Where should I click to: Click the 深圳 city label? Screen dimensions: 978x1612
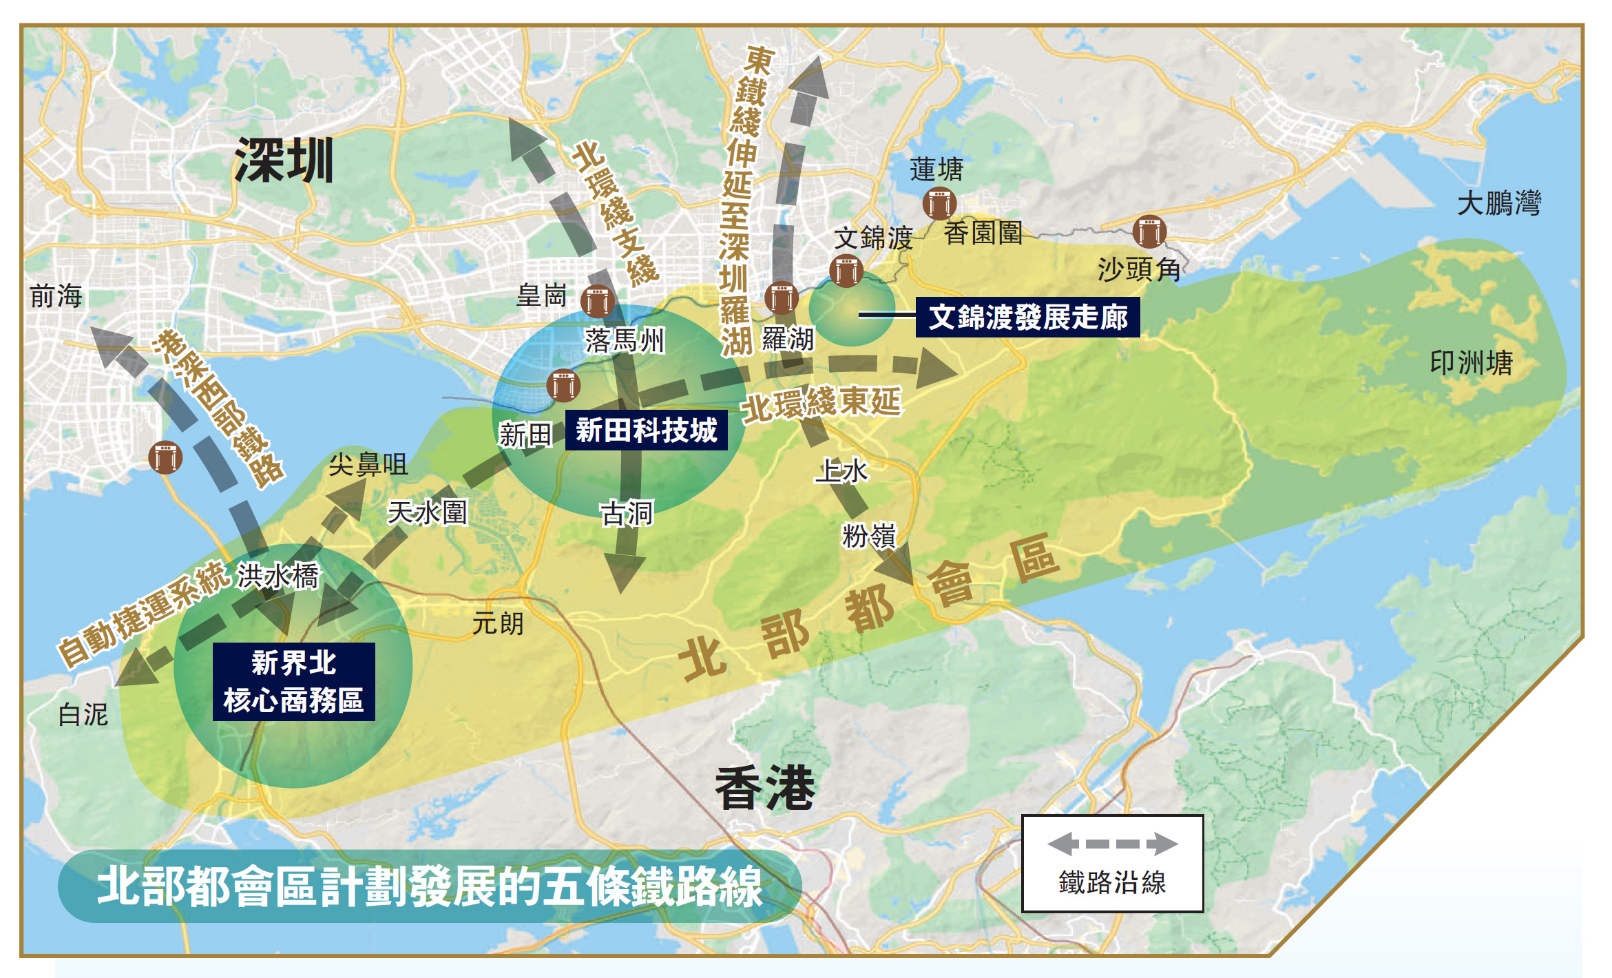click(284, 160)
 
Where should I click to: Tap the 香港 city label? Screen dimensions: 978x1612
click(764, 787)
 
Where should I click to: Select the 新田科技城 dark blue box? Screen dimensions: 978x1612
click(646, 430)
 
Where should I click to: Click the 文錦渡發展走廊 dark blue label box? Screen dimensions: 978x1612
click(1027, 317)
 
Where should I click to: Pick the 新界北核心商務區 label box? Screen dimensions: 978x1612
click(293, 682)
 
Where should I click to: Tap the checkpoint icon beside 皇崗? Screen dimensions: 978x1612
click(597, 301)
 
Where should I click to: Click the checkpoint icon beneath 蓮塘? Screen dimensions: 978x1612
click(939, 203)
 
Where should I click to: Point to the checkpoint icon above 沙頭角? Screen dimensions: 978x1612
click(1149, 231)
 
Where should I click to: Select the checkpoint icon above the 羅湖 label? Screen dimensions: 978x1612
click(781, 298)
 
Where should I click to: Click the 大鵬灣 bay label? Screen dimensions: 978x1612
click(1498, 204)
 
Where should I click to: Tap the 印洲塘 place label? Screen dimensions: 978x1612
click(1471, 363)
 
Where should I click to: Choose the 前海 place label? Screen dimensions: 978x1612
click(56, 296)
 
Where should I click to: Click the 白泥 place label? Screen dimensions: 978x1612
click(83, 714)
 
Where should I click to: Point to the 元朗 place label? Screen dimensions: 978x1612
click(498, 623)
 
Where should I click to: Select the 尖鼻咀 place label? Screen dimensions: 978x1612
click(368, 465)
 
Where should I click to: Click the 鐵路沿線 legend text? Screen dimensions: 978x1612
click(1112, 882)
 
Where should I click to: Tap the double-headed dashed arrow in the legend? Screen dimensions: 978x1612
click(1112, 844)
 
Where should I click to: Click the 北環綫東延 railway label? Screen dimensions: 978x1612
click(821, 403)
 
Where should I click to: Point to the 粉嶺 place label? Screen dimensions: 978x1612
click(869, 535)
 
